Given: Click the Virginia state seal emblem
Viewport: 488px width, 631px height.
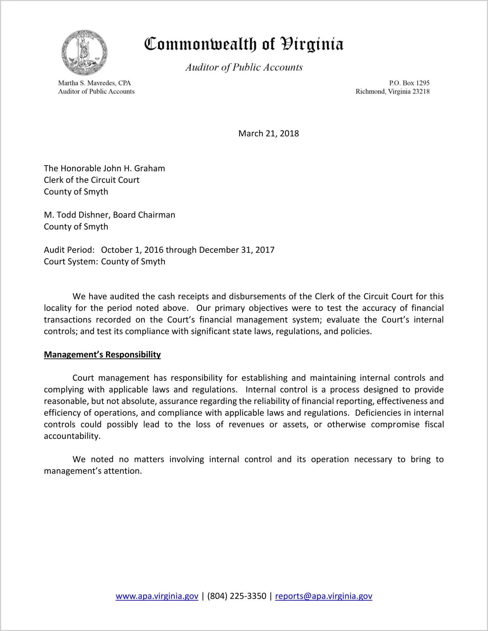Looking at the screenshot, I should (84, 53).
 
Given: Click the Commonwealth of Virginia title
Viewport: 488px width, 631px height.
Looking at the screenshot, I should (244, 44).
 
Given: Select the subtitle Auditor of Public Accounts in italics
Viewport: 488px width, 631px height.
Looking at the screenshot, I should (244, 67).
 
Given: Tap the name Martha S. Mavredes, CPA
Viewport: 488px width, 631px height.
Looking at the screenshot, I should (94, 83).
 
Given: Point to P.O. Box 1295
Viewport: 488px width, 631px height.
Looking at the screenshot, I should (409, 83).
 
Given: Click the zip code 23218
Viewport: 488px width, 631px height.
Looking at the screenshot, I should (421, 91).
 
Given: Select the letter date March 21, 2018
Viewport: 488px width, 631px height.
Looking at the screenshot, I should (268, 133).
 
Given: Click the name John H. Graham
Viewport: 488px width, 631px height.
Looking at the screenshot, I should (134, 168).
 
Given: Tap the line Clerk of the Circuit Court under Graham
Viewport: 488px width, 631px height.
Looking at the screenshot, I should (91, 180).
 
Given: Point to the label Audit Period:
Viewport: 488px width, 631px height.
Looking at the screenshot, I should (69, 250).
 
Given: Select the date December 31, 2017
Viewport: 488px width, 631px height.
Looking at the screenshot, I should (236, 250).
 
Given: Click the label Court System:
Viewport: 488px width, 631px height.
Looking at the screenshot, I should (71, 262).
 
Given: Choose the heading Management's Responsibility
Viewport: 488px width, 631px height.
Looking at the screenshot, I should (102, 355).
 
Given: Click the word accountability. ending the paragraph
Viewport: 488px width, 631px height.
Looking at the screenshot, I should (72, 436).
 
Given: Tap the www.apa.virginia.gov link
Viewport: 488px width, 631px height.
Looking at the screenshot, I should (157, 596).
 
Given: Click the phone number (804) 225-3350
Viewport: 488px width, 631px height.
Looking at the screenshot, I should (236, 596).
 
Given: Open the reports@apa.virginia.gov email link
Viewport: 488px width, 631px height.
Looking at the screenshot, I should (323, 596).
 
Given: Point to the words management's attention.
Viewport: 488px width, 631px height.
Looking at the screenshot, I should (93, 471).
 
